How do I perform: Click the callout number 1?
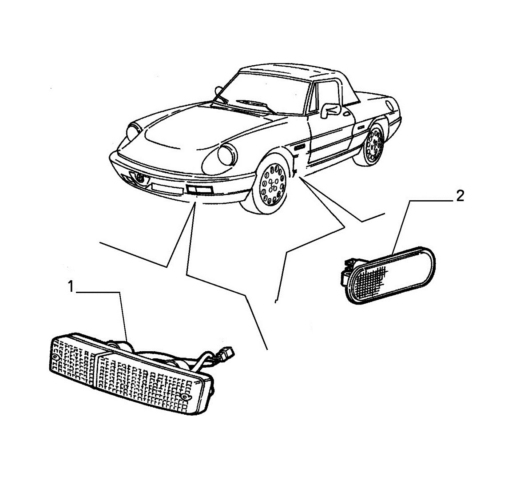point(71,287)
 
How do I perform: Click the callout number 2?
point(460,196)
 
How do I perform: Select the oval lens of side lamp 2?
point(393,275)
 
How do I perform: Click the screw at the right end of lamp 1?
point(185,397)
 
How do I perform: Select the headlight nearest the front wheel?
point(227,155)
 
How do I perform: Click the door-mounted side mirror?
point(330,110)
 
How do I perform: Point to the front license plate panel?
point(167,189)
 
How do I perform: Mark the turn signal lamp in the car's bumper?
point(199,190)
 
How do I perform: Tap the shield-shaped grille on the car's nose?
point(140,179)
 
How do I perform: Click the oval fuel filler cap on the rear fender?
point(390,105)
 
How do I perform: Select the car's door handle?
point(346,114)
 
